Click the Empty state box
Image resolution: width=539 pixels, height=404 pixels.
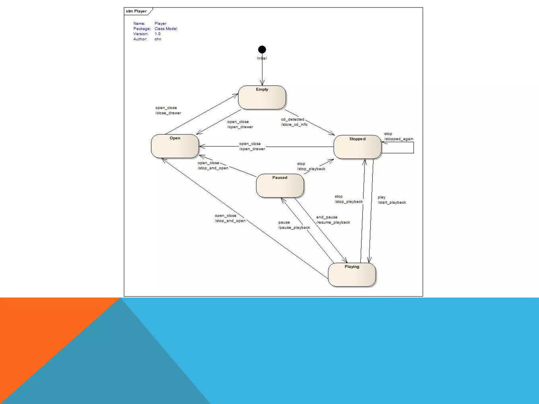point(262,97)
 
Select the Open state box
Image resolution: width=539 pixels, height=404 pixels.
point(175,146)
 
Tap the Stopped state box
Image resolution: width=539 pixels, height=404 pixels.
point(357,147)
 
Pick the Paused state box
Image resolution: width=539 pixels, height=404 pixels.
point(280,186)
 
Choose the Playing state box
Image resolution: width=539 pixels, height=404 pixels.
point(352,275)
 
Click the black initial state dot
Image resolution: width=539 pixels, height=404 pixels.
point(262,49)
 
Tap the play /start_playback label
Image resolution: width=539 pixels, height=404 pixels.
point(392,200)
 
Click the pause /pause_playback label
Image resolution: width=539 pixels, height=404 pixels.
point(294,225)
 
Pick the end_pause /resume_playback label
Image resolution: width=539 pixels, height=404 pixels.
point(333,220)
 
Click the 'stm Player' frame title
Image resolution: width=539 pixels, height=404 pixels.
point(136,11)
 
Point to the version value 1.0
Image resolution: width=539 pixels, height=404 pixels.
point(157,34)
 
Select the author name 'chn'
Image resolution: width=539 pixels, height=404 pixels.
point(158,39)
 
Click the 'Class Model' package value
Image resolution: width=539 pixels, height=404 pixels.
point(166,29)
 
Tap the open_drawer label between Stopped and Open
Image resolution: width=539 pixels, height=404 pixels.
point(252,147)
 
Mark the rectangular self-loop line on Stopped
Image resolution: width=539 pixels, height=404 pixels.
point(413,148)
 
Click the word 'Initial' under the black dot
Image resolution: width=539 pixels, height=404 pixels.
point(262,58)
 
